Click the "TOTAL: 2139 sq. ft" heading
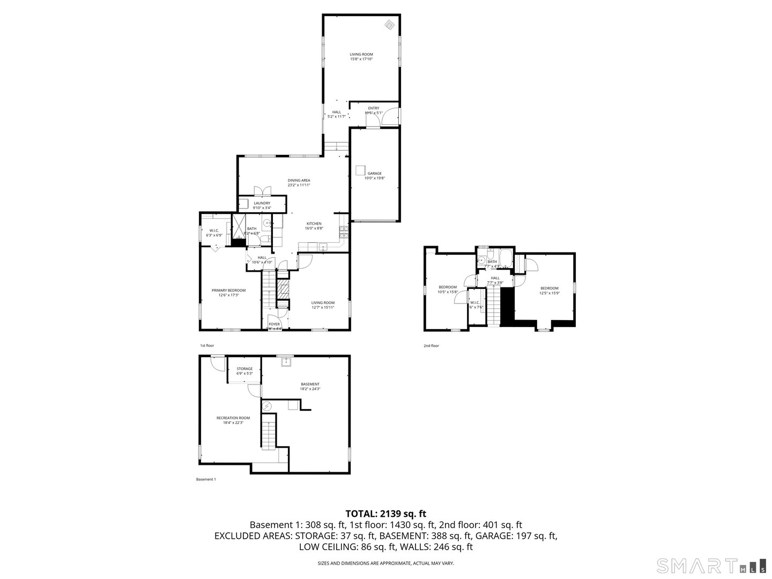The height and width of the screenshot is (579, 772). (386, 514)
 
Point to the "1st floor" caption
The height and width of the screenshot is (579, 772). (207, 346)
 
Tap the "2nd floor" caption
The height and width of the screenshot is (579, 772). (431, 346)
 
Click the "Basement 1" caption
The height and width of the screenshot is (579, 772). (206, 479)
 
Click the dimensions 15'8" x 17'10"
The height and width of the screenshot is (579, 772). (361, 59)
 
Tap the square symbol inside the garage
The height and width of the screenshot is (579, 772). (360, 170)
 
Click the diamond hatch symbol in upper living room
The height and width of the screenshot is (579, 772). (390, 25)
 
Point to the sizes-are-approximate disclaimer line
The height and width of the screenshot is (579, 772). (386, 563)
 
